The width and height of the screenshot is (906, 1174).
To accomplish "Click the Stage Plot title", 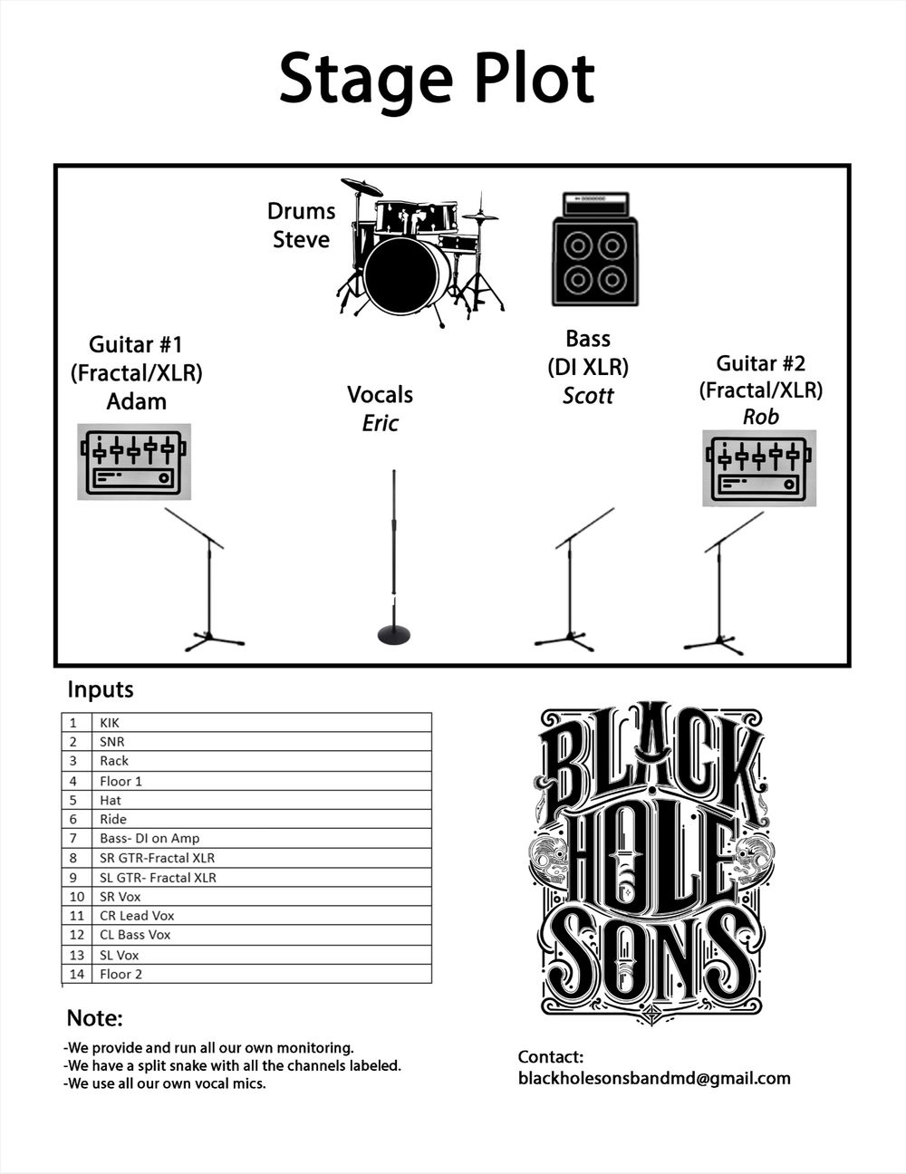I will (x=437, y=79).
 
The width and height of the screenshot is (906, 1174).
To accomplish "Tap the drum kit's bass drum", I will (x=406, y=274).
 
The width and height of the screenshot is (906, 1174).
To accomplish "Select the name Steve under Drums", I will (x=301, y=240).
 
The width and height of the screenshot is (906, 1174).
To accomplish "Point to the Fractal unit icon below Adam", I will (x=134, y=462).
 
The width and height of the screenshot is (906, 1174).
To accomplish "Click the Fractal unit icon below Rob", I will (x=759, y=467).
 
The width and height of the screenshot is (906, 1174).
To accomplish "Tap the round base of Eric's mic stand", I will (x=393, y=634).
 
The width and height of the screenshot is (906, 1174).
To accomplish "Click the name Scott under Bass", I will (x=588, y=396).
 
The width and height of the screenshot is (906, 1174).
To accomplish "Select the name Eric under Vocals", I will (x=380, y=423).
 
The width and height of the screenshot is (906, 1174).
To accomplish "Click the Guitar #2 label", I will (x=760, y=363).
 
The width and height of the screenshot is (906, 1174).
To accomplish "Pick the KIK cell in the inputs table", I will (x=110, y=723).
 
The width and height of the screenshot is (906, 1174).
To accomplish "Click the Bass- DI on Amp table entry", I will (x=149, y=839).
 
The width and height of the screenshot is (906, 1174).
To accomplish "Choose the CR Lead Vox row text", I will (x=137, y=916).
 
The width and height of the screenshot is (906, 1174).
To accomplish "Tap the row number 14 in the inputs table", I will (x=76, y=975).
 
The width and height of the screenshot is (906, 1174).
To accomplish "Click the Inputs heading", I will (x=101, y=690).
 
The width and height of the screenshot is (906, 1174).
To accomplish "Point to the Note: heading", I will (x=94, y=1018).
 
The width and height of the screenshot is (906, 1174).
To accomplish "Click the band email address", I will (x=654, y=1079).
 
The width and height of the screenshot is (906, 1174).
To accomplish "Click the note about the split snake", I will (x=232, y=1066).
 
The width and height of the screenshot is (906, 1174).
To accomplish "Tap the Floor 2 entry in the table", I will (x=120, y=975).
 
